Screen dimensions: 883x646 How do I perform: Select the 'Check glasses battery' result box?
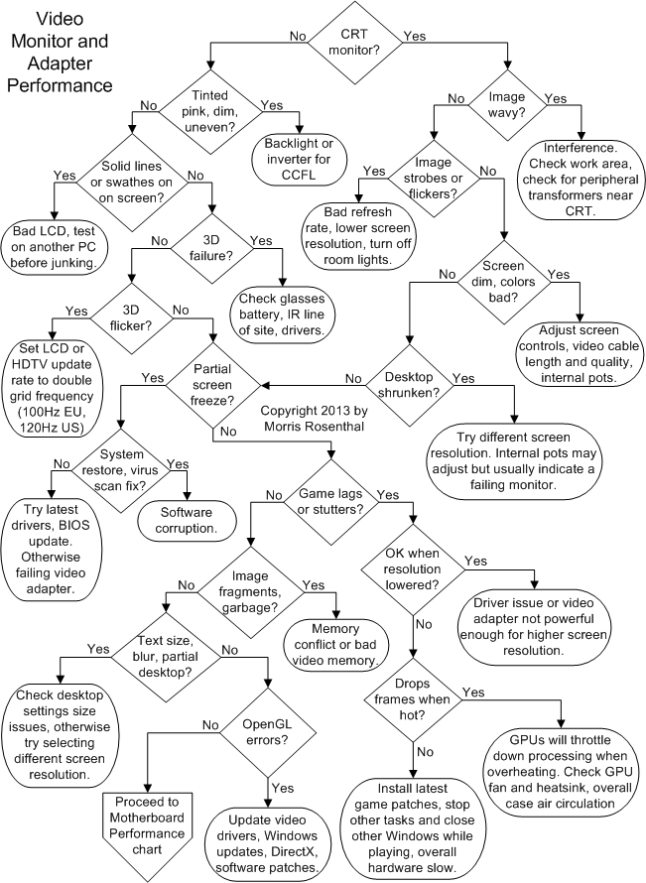coord(284,310)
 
